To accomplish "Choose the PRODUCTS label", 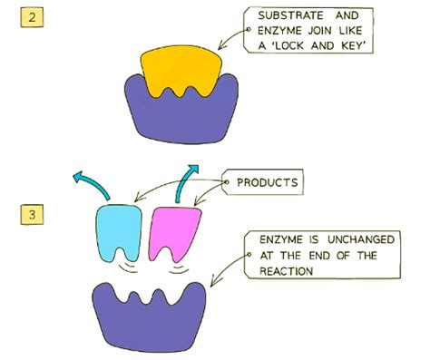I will [268, 182].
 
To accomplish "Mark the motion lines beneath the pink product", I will [175, 268].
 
